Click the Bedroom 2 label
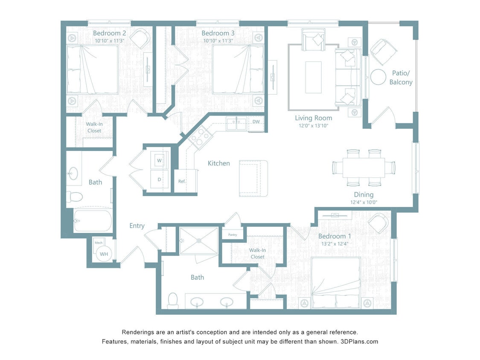coord(109,33)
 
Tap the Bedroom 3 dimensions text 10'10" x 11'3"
coord(218,41)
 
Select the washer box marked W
coord(159,160)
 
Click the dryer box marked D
coord(159,179)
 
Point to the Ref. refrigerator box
coord(182,181)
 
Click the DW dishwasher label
coord(256,122)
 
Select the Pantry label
coord(233,235)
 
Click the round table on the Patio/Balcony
coord(378,77)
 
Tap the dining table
coord(364,168)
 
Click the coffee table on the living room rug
coord(313,77)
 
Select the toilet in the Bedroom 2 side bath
coord(75,197)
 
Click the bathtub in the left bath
coord(93,221)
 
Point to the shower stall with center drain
coord(198,241)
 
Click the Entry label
coord(137,226)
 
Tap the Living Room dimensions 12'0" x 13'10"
coord(314,126)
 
